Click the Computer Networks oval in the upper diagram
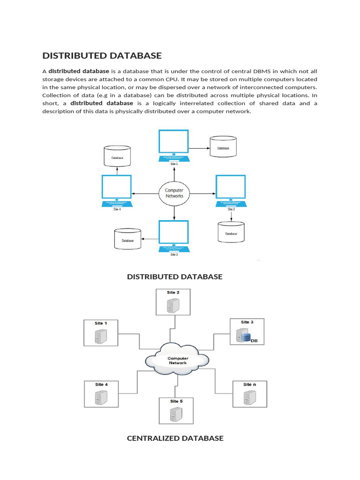(174, 193)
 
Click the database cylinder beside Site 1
(223, 147)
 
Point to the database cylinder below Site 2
(231, 232)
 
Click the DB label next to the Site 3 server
(255, 341)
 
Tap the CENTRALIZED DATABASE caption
(175, 438)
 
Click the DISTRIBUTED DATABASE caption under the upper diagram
(175, 277)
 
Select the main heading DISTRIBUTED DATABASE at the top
(102, 56)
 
